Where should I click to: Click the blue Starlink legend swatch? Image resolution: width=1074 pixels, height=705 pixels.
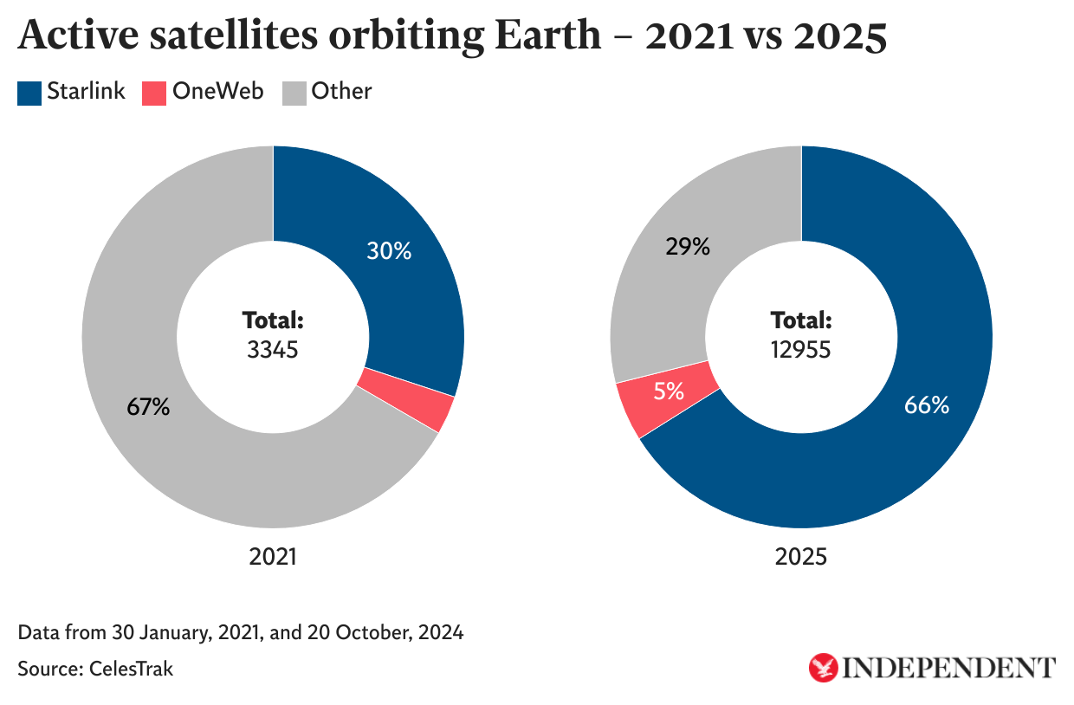(29, 93)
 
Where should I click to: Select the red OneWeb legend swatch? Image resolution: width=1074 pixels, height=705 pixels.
(154, 93)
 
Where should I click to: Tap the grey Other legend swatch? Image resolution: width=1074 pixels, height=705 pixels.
(294, 93)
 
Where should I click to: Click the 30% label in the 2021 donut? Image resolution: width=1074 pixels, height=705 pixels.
(388, 252)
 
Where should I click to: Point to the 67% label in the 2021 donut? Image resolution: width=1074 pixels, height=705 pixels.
(148, 407)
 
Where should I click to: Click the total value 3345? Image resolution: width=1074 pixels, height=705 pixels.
(272, 351)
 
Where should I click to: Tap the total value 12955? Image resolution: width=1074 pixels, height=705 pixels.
(801, 351)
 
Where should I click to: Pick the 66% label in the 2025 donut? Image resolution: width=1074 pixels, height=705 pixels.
(927, 404)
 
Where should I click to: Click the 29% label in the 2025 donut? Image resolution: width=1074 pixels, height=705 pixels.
(688, 247)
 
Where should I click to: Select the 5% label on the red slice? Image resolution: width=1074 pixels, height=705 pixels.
(669, 391)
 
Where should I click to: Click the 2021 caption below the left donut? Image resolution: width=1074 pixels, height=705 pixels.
(273, 556)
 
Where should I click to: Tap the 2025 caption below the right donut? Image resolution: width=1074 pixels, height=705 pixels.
(801, 556)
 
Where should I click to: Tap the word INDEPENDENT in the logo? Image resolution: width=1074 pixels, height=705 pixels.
(949, 668)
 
